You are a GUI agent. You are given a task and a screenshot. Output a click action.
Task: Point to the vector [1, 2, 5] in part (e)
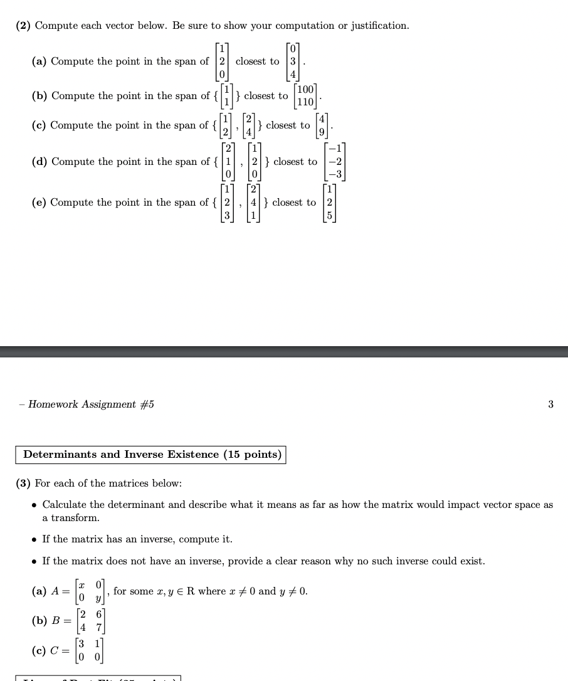[x=330, y=203]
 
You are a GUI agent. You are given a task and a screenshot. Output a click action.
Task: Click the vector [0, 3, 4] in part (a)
[x=293, y=61]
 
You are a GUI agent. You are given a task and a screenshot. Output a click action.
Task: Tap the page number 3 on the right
[x=550, y=404]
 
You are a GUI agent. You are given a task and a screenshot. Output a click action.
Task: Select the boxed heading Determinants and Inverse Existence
[x=151, y=455]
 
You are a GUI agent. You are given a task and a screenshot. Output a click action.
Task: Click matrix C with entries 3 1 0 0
[x=90, y=651]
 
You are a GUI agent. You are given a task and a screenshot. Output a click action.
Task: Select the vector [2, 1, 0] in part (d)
[x=229, y=162]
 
